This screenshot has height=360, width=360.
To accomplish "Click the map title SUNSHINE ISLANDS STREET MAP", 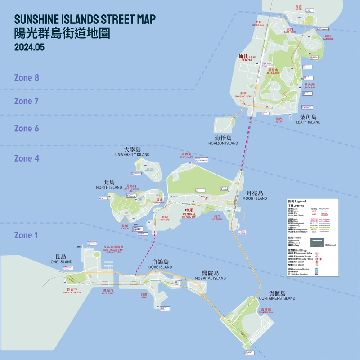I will click(85, 19).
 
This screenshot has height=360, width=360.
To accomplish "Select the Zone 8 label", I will click(27, 78).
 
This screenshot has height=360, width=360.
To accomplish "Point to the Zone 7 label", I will click(27, 101).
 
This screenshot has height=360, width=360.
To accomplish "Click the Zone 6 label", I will click(27, 129).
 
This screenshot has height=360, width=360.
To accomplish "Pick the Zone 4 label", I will click(27, 158).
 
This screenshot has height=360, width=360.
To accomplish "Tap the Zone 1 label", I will click(27, 235).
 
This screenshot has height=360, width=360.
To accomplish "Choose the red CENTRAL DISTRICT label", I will click(189, 214).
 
